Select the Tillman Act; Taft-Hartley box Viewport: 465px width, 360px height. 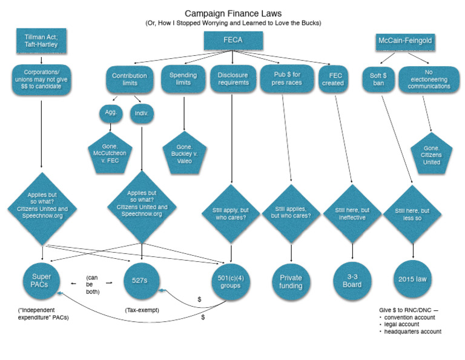click(41, 41)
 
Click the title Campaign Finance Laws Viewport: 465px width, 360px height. click(233, 13)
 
